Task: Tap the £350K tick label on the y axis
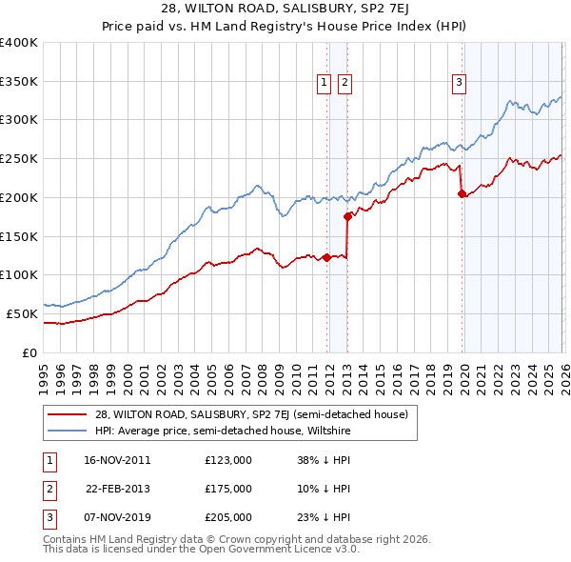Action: coord(18,82)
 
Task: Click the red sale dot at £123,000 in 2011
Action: coord(326,257)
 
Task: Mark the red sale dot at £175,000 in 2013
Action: coord(347,217)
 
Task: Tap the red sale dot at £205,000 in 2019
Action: coord(462,193)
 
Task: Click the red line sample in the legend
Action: coord(67,414)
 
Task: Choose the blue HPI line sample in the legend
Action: coord(67,430)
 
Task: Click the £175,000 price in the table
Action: coord(228,489)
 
